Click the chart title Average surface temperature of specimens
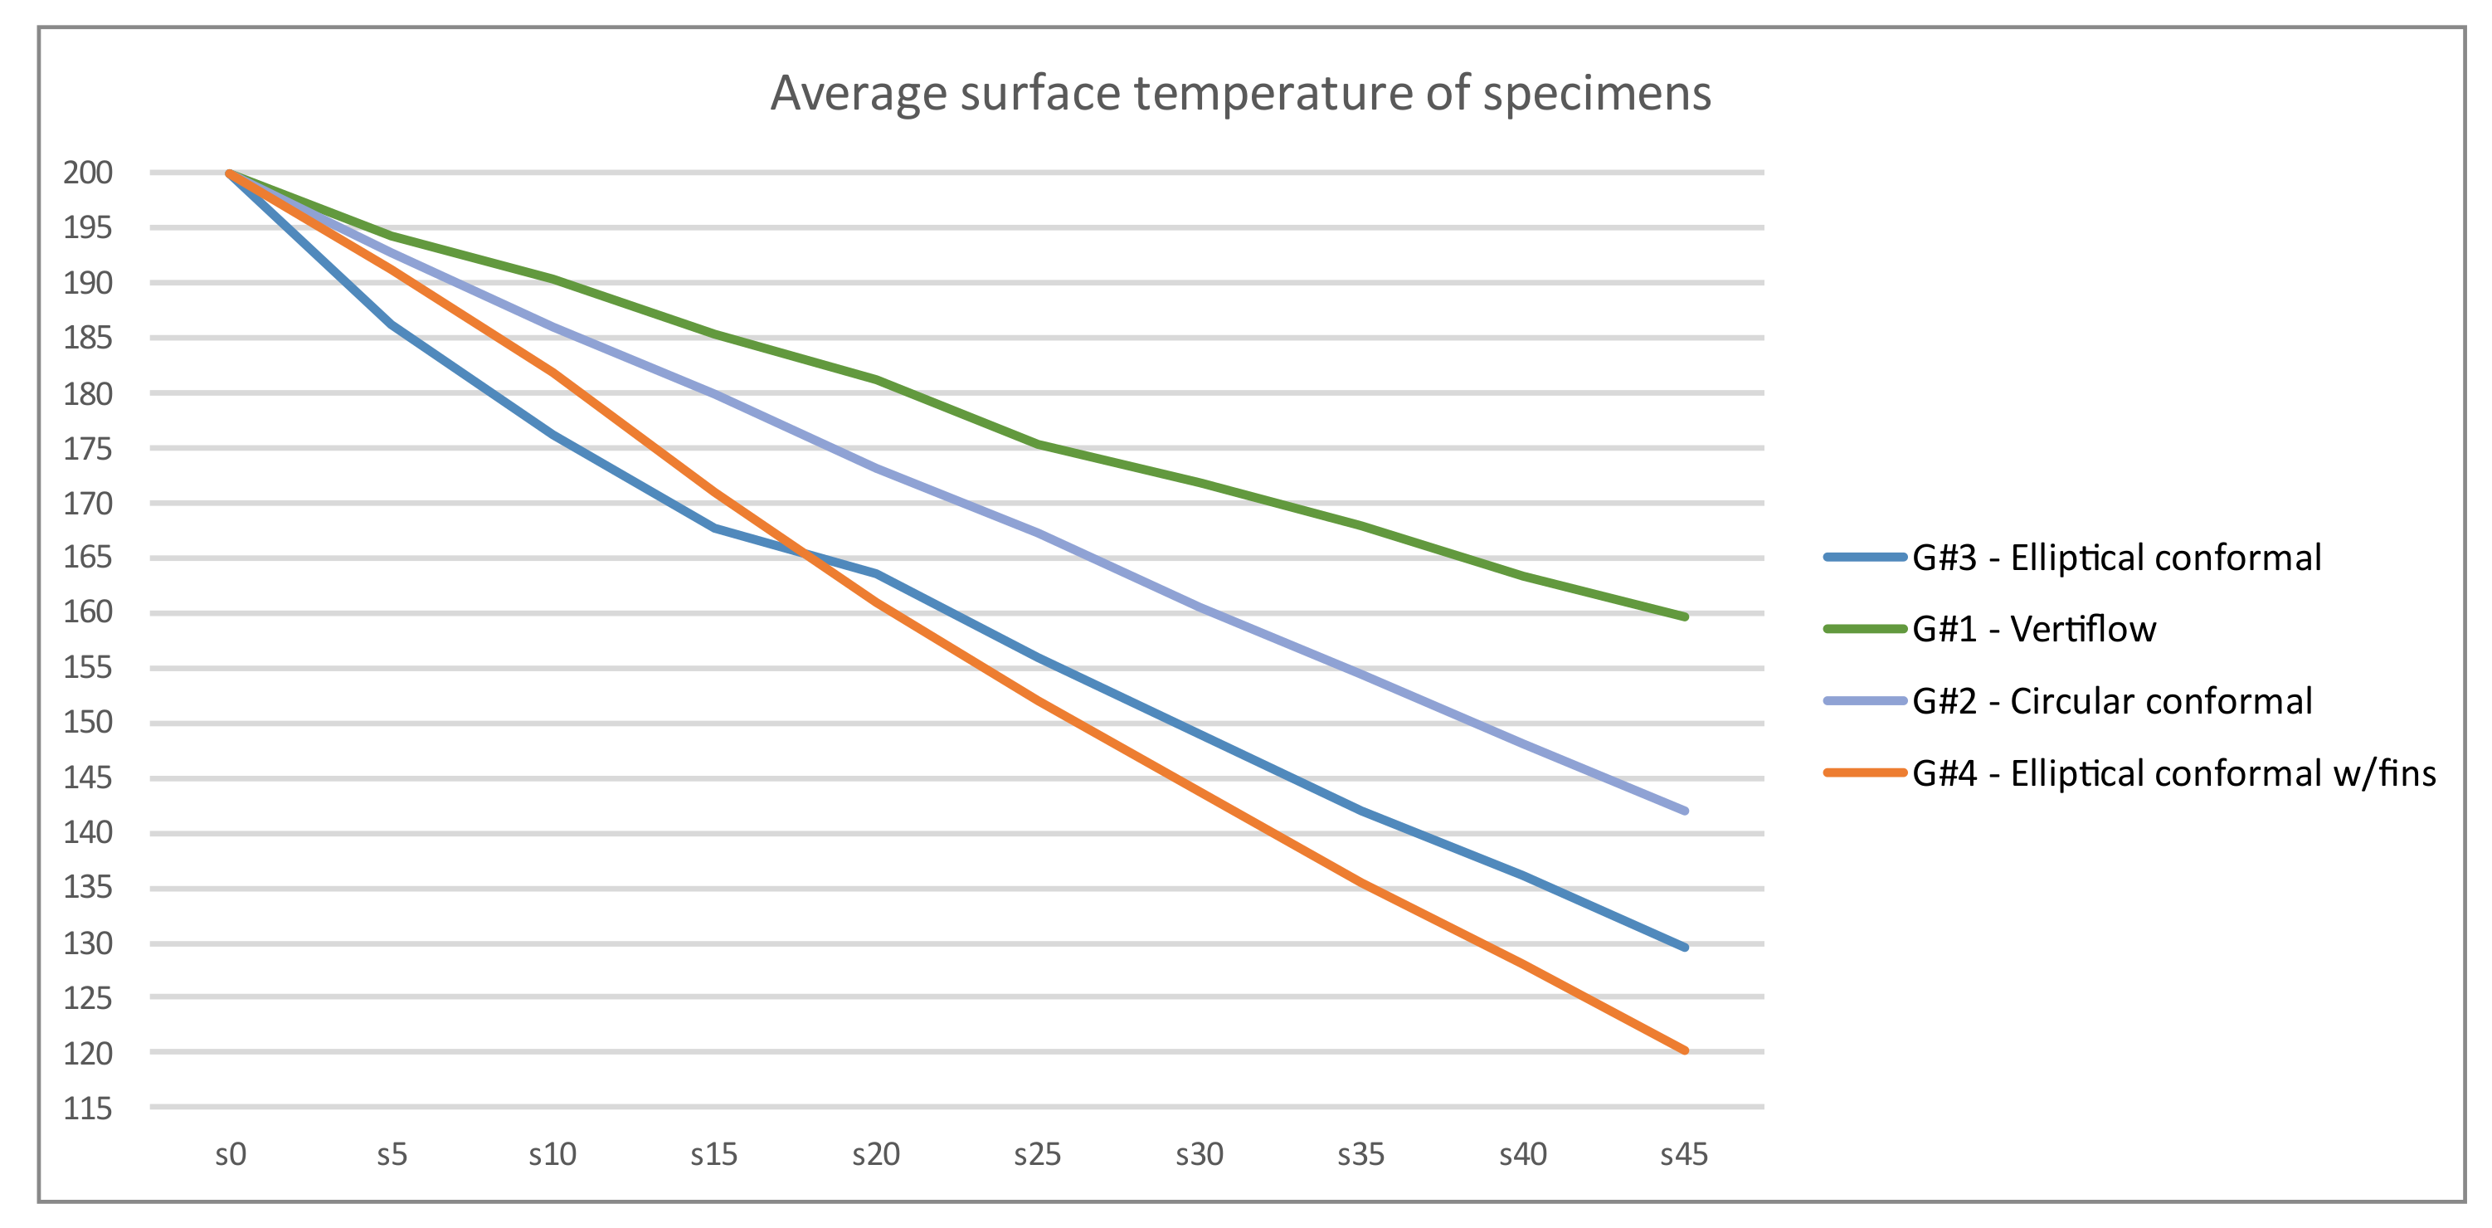[x=1240, y=94]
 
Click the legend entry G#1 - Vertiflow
[x=2033, y=629]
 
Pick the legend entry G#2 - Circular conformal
[x=2111, y=700]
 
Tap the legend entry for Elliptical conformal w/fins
[x=2173, y=773]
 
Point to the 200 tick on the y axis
[x=88, y=173]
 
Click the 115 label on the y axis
[x=88, y=1108]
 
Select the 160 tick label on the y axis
[x=88, y=612]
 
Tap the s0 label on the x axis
[x=231, y=1154]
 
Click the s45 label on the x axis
[x=1684, y=1154]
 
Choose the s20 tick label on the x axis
[x=875, y=1154]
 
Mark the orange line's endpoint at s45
[x=1685, y=1050]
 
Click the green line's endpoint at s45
[x=1685, y=616]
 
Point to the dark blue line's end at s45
[x=1685, y=948]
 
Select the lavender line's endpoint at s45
[x=1685, y=811]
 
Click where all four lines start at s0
[x=231, y=174]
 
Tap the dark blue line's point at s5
[x=392, y=324]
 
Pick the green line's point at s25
[x=1037, y=444]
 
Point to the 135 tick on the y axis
[x=88, y=887]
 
